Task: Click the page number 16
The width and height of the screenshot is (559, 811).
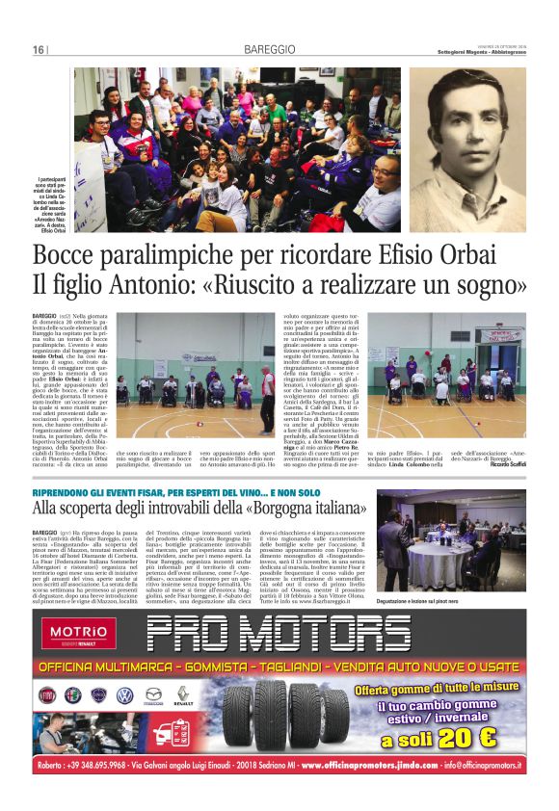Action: pos(38,50)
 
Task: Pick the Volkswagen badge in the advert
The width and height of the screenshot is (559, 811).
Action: pos(124,695)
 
